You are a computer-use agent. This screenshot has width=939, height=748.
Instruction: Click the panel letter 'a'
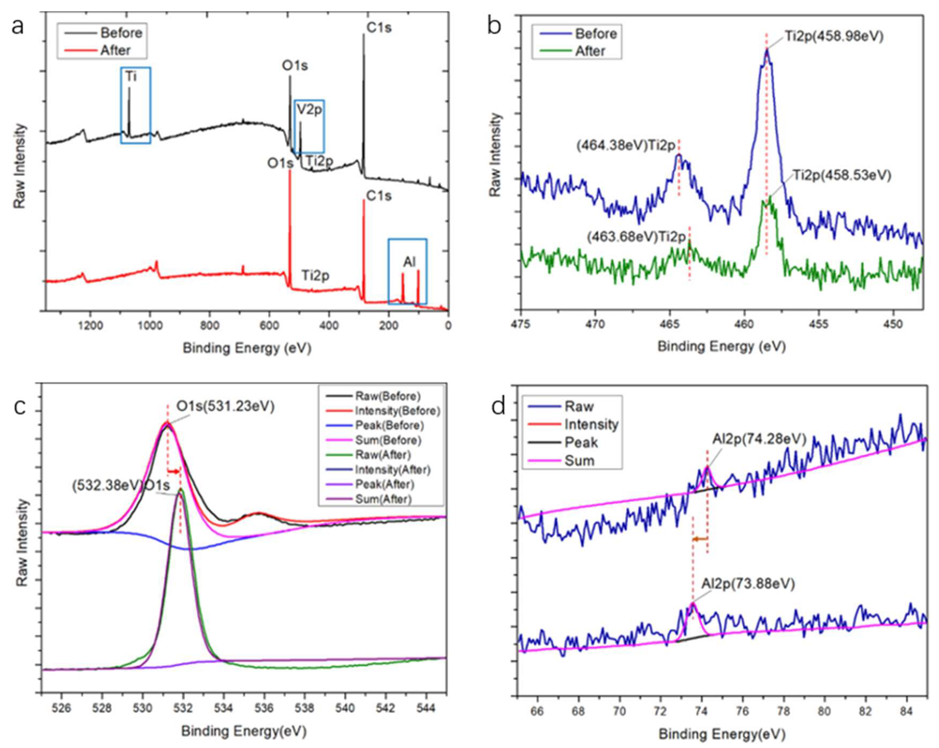[x=18, y=27]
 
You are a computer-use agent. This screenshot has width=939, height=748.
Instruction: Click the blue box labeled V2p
[x=309, y=126]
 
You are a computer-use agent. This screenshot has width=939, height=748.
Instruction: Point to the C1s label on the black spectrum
[x=379, y=28]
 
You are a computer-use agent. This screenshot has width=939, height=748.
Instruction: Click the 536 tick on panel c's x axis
[x=264, y=708]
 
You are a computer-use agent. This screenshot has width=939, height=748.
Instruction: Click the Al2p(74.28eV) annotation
[x=759, y=439]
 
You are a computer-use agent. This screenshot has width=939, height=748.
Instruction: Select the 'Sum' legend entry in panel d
[x=579, y=461]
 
